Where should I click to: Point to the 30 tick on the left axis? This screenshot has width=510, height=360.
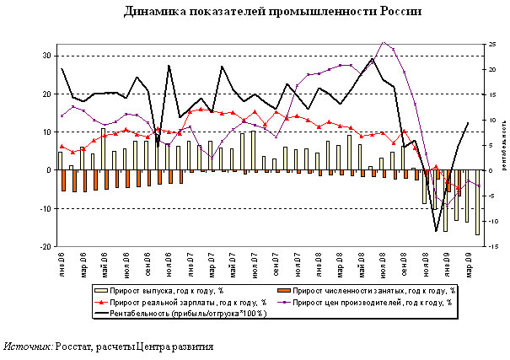(x=48, y=56)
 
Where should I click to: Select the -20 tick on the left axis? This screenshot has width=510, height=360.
(x=46, y=247)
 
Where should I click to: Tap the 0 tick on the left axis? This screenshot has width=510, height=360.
(x=51, y=170)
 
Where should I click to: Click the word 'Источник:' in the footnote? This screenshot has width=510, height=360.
(x=27, y=347)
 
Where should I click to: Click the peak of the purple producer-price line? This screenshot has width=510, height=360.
(x=384, y=41)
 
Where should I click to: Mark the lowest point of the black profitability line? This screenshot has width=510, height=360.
(x=437, y=230)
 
